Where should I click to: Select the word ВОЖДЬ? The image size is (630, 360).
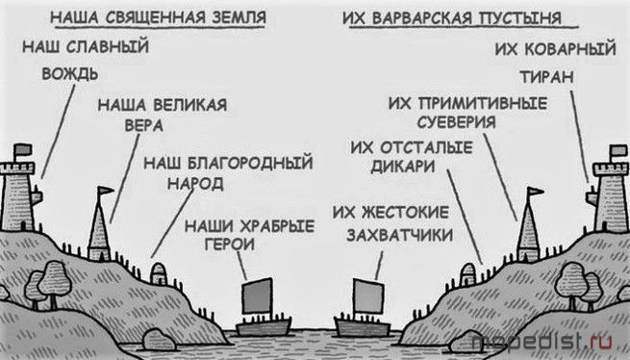(70, 74)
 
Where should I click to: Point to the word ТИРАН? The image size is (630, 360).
(547, 76)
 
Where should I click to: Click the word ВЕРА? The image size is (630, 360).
(144, 125)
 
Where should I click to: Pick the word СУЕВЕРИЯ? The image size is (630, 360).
(457, 122)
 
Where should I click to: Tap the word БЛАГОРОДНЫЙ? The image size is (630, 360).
(250, 163)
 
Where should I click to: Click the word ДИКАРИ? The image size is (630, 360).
(403, 167)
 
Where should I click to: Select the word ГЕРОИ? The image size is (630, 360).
(230, 244)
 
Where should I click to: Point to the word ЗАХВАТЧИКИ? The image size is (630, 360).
(400, 235)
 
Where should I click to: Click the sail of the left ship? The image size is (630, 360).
(257, 296)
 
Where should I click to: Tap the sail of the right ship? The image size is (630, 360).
(368, 296)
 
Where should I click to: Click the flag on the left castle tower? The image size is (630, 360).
(22, 149)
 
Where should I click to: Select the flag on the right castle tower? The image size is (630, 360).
(617, 150)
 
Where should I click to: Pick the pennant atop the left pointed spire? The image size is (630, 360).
(106, 190)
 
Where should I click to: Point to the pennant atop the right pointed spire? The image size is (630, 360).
(536, 191)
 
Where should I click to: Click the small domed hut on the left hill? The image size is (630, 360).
(159, 273)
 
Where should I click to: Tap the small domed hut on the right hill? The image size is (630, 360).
(468, 274)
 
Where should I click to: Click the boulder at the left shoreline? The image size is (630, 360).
(159, 340)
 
